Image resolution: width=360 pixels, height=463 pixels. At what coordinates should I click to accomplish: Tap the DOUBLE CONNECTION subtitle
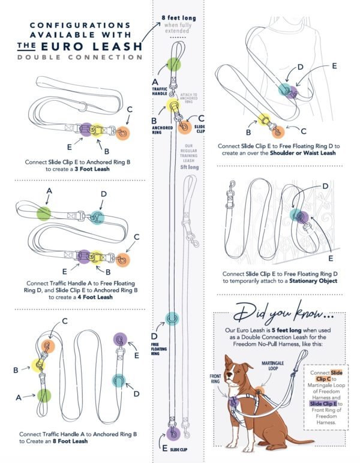[80, 57]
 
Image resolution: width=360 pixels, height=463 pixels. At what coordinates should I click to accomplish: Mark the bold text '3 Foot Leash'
[91, 169]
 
